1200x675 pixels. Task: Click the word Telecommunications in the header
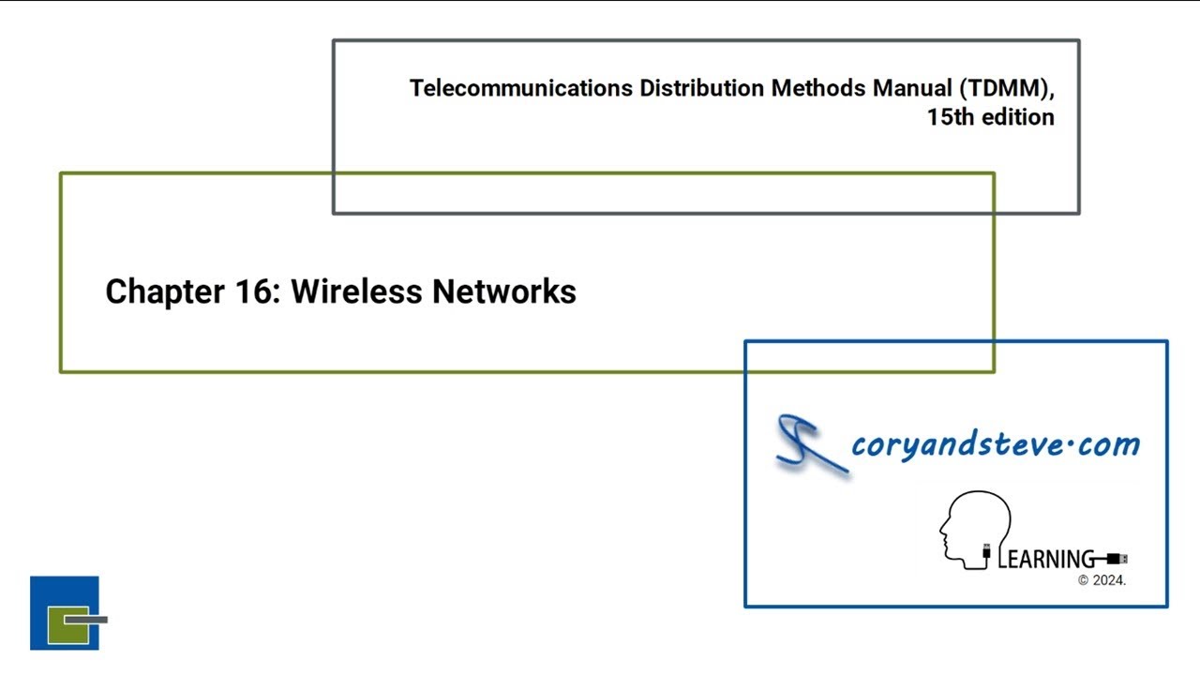point(521,89)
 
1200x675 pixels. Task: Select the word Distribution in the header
point(702,89)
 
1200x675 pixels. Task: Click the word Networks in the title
point(503,292)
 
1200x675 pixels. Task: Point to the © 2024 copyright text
point(1102,580)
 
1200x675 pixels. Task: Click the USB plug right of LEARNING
point(1117,560)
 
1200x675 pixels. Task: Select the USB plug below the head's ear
point(986,555)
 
